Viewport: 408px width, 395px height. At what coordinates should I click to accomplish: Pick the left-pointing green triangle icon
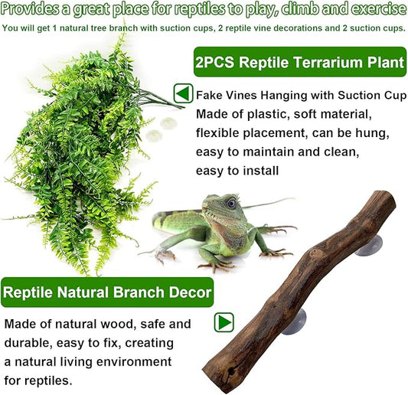[182, 93]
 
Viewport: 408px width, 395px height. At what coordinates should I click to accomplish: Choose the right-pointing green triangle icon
[224, 322]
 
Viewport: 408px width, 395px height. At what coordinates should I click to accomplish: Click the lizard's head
[224, 207]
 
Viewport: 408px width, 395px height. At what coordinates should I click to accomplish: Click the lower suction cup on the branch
[295, 322]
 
